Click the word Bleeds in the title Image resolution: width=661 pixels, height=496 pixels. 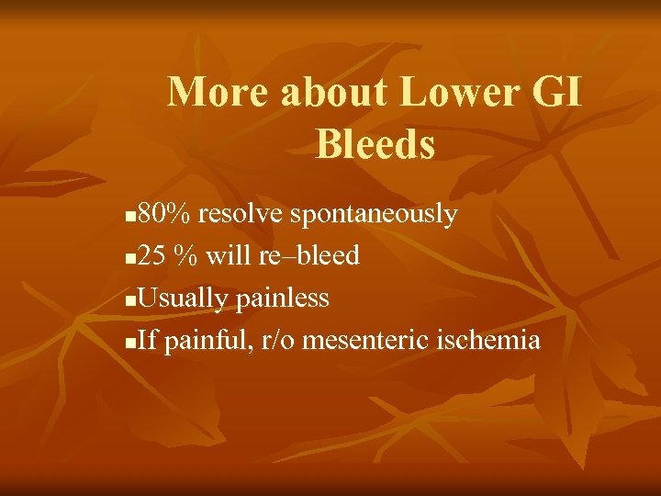coord(375,144)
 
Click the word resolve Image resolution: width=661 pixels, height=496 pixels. coord(241,215)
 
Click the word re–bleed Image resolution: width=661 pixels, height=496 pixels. coord(309,256)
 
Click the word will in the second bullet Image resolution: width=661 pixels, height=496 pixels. coord(224,256)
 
